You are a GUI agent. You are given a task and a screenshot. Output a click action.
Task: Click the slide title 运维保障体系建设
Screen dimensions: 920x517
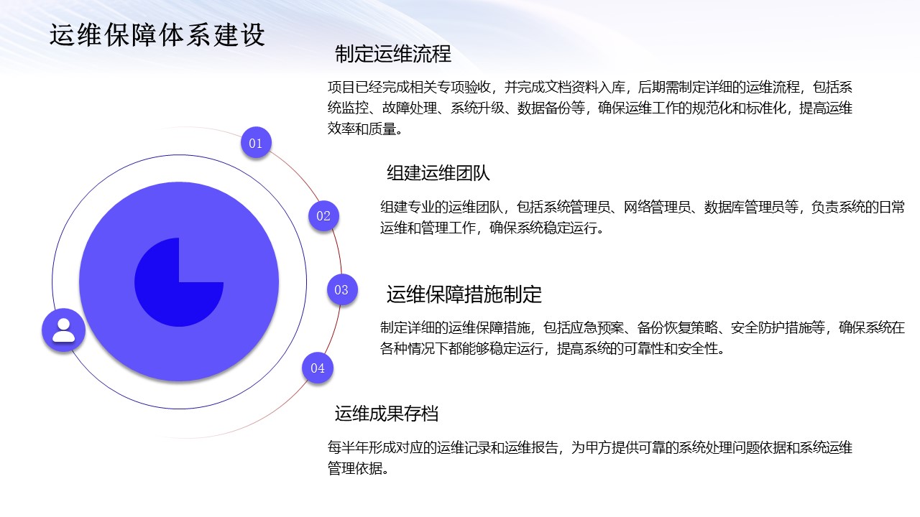coord(157,35)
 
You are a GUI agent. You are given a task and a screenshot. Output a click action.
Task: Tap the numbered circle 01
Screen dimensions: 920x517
coord(256,142)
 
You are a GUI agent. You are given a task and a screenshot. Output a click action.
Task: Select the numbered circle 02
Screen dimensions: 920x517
coord(323,216)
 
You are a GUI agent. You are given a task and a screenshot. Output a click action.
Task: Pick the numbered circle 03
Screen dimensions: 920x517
coord(342,289)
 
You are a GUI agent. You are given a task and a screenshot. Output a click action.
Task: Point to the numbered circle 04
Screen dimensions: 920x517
coord(318,368)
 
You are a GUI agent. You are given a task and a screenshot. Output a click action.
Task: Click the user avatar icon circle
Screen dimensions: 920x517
coord(64,330)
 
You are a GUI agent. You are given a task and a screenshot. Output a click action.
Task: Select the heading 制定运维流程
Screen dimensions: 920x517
coord(393,54)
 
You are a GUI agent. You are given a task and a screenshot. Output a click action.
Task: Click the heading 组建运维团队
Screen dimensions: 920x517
coord(438,173)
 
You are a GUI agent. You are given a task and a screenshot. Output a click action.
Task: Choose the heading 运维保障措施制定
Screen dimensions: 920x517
coord(464,294)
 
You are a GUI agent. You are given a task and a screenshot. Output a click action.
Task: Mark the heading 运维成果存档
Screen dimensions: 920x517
coord(387,413)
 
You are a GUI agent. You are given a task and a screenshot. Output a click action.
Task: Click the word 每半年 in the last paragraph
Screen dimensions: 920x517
coord(348,447)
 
